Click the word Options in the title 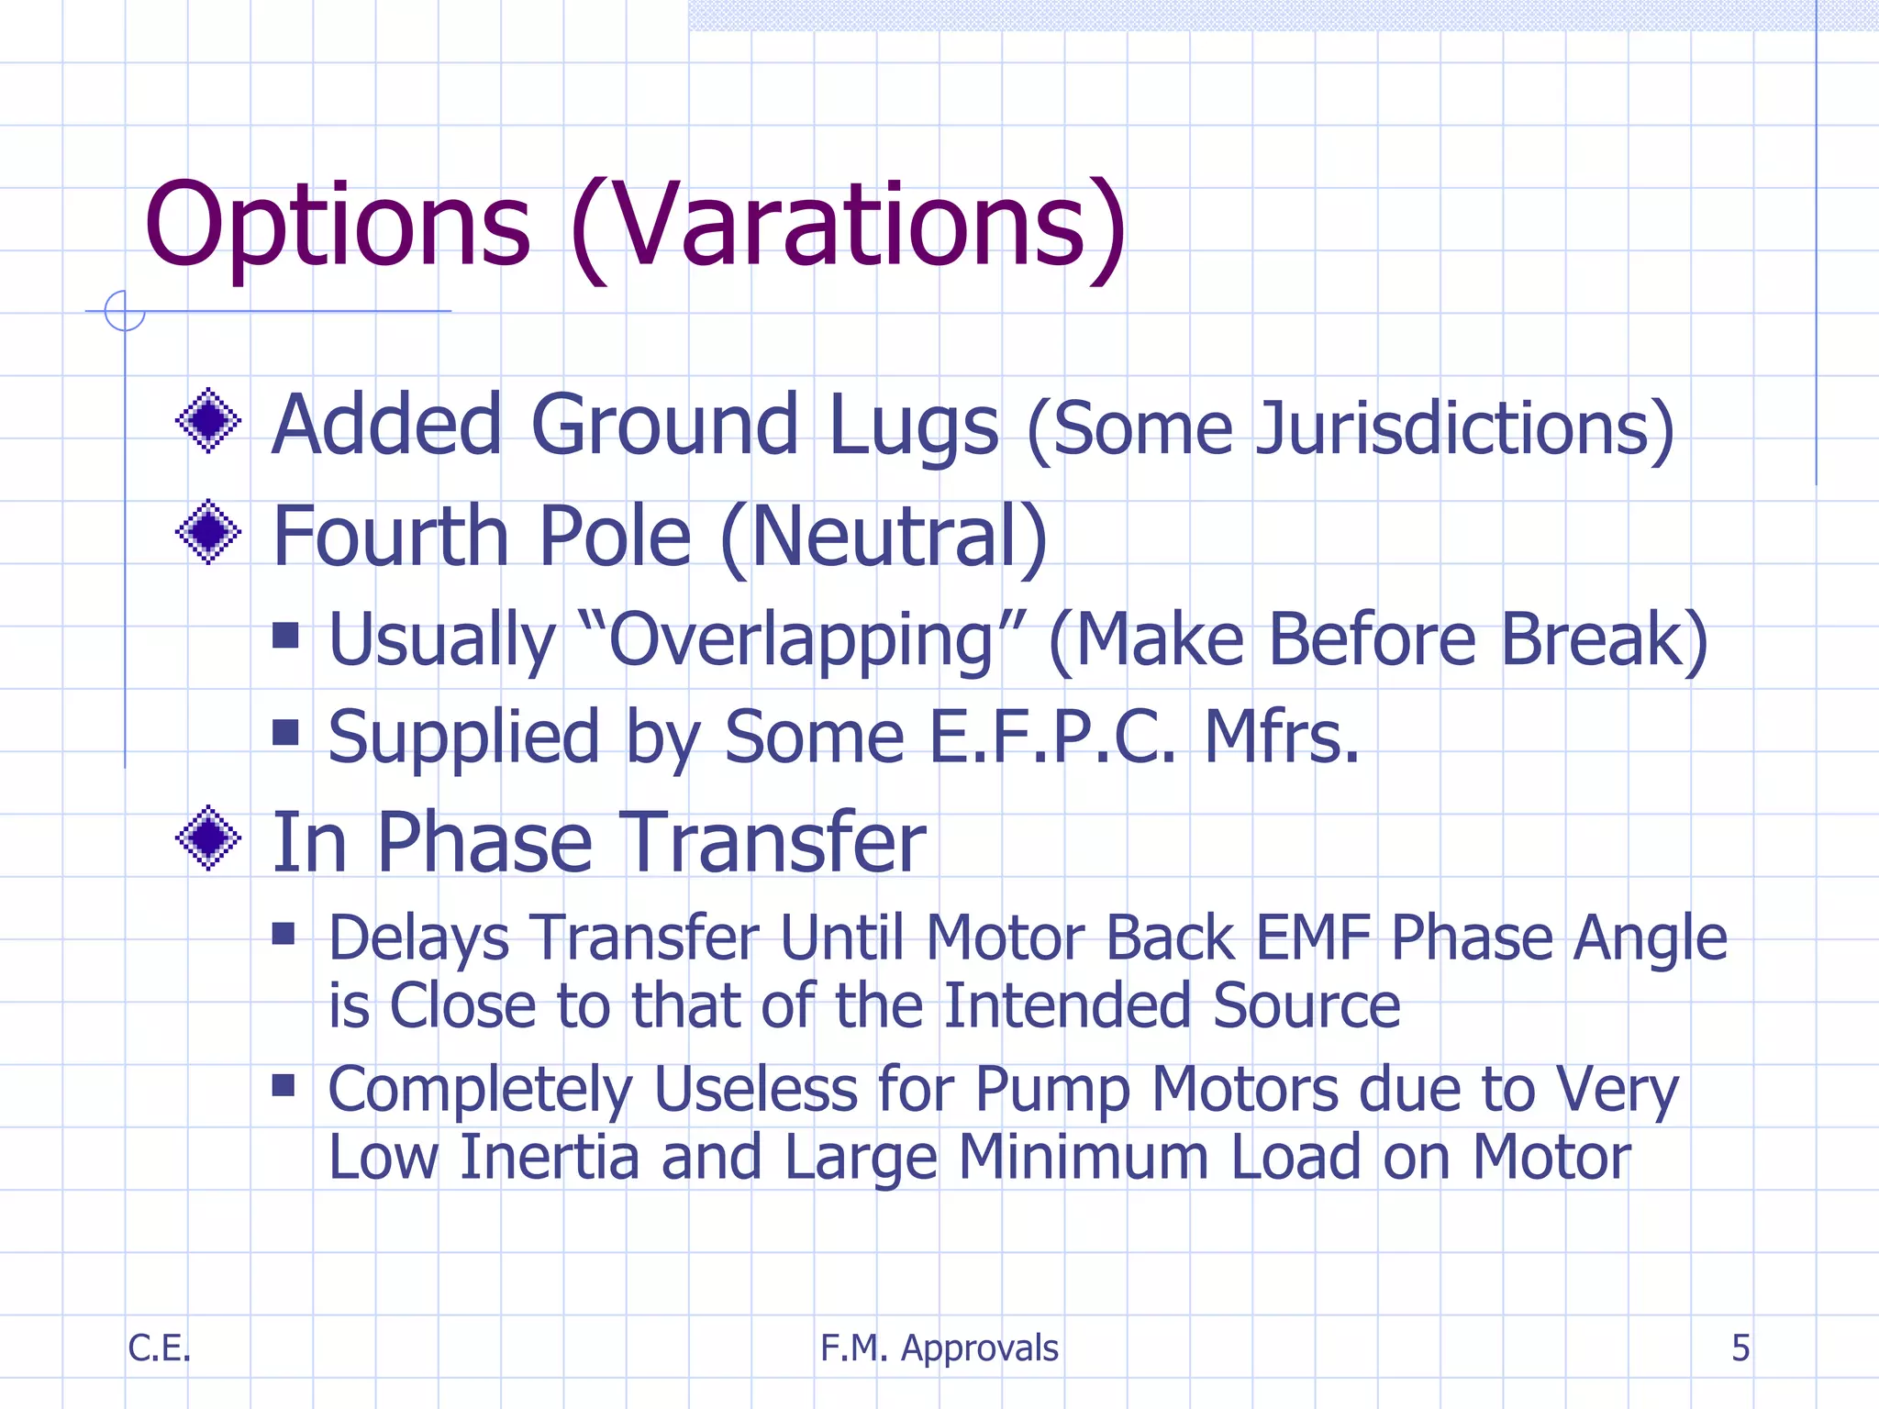click(337, 226)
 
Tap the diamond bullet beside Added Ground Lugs click(208, 420)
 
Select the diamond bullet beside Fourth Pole click(208, 532)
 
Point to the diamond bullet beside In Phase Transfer click(208, 838)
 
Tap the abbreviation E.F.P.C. click(1051, 737)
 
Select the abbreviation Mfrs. click(1281, 737)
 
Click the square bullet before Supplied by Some click(286, 732)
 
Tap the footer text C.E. click(159, 1348)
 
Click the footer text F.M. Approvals click(939, 1348)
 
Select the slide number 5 click(1740, 1348)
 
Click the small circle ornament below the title click(125, 311)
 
